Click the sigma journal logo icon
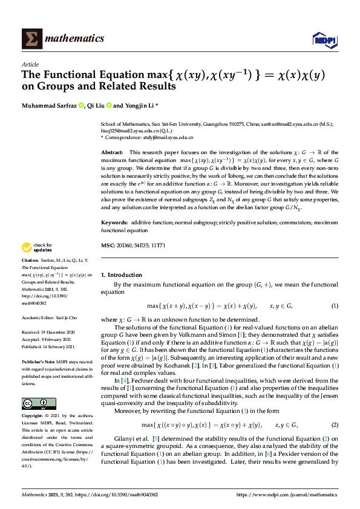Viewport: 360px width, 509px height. pyautogui.click(x=32, y=39)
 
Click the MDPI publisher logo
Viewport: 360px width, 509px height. pyautogui.click(x=324, y=39)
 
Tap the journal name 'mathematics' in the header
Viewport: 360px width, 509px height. pyautogui.click(x=76, y=39)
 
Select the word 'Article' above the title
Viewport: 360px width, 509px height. pyautogui.click(x=30, y=64)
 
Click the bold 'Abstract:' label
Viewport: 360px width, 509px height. pyautogui.click(x=112, y=152)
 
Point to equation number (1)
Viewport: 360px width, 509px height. pyautogui.click(x=335, y=306)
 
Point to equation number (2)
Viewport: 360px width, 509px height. pyautogui.click(x=335, y=408)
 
